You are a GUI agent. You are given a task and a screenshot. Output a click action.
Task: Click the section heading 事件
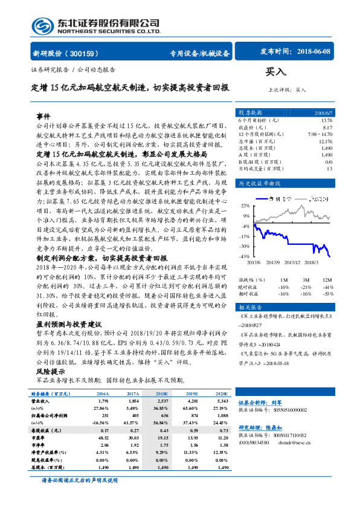[x=43, y=115]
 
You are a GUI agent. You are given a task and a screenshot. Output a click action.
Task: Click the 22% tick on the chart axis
[x=245, y=205]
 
